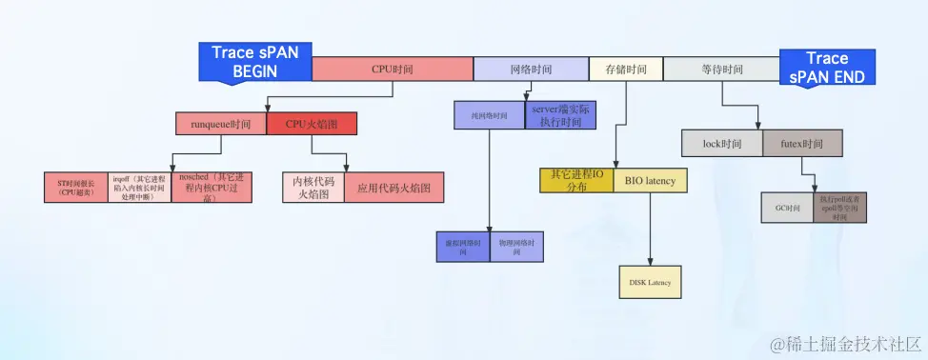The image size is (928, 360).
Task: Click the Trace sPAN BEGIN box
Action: tap(254, 62)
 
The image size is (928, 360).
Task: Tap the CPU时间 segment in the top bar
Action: tap(393, 70)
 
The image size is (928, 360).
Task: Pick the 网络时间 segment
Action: tap(531, 70)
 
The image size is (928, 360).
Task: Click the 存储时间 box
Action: tap(625, 70)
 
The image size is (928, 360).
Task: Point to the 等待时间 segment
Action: tap(721, 70)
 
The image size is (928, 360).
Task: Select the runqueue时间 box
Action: tap(220, 124)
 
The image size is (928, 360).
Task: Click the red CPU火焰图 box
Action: tap(312, 124)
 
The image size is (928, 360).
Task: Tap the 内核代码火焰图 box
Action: tap(313, 187)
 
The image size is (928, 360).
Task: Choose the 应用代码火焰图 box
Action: tap(393, 188)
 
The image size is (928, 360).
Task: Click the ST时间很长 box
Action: tap(75, 188)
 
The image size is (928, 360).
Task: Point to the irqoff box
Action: tap(138, 188)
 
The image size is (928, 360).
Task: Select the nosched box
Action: tap(200, 188)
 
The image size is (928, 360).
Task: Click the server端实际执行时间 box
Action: tap(561, 116)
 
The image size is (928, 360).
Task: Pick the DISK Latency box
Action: tap(650, 282)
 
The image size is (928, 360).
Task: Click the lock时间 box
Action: tap(722, 143)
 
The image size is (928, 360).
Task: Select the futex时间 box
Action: tap(803, 143)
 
